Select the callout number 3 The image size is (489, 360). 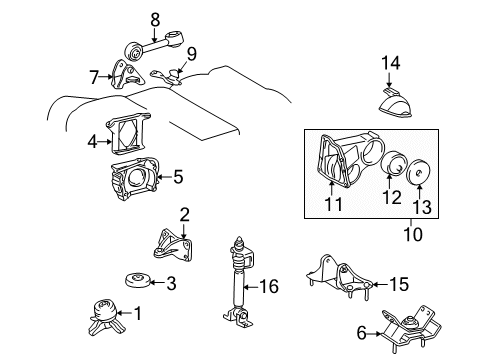170,284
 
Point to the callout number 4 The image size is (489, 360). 91,142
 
